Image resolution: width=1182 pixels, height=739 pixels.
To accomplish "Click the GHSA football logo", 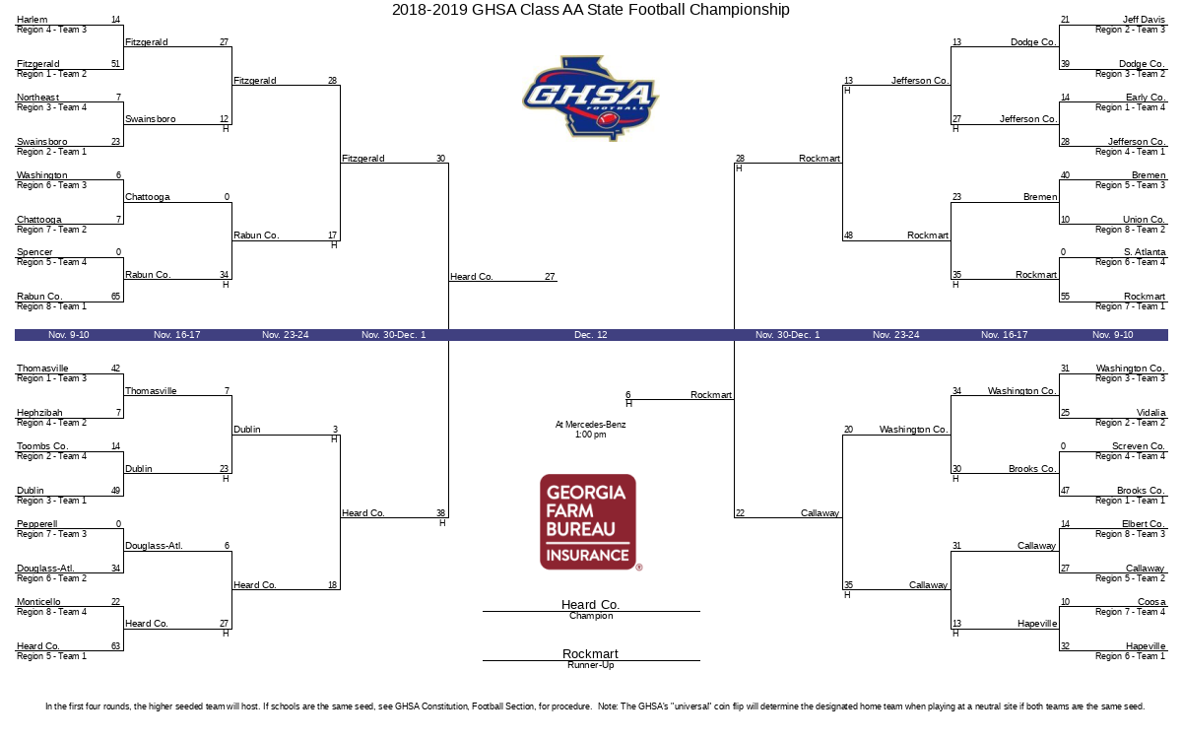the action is coord(590,99).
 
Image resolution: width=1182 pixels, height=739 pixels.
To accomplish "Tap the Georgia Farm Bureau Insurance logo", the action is coord(588,522).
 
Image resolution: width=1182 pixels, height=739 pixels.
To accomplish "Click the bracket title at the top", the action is coord(590,10).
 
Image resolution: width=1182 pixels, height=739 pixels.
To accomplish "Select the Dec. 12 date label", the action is coord(590,335).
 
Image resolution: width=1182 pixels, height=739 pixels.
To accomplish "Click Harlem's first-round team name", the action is coord(33,20).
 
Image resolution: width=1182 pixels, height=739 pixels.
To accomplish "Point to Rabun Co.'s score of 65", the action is coord(115,297).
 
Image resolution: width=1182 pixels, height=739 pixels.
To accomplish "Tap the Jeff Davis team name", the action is coord(1144,20).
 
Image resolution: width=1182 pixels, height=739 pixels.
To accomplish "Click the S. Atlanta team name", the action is coord(1145,252).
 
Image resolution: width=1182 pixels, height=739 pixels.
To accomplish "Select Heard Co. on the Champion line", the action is coord(590,604).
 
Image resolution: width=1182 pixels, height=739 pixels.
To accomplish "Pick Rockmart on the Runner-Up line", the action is coord(590,653).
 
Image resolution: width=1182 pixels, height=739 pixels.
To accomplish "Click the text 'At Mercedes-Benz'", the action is coord(590,425).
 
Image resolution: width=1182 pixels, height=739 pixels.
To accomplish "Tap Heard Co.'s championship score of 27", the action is coord(550,276).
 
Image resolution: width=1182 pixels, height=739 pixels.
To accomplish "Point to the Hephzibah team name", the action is coord(39,412).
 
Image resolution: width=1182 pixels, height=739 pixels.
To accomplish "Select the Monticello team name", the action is coord(38,602).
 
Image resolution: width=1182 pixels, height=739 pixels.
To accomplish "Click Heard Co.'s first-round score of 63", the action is coord(115,645).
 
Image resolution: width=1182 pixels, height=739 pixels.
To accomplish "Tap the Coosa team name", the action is coord(1151,602).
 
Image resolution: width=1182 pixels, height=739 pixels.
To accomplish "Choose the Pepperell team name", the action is coord(37,523).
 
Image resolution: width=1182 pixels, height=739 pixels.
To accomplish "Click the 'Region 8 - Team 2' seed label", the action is coord(1130,230).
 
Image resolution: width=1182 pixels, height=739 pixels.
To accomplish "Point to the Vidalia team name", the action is coord(1150,412).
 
